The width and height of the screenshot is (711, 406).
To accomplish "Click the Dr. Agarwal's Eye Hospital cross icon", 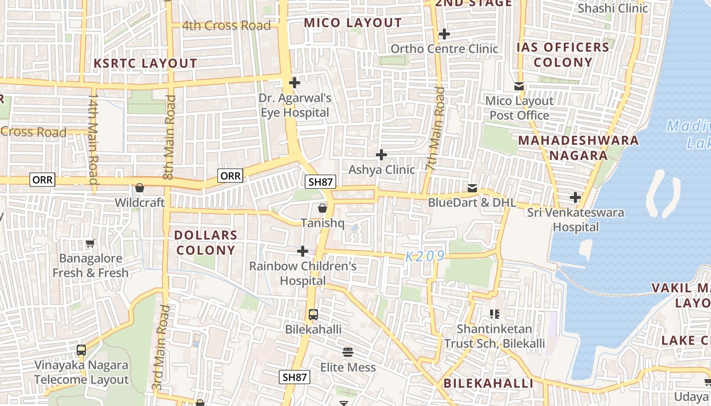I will pyautogui.click(x=294, y=82).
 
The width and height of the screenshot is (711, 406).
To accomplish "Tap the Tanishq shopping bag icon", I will pyautogui.click(x=322, y=208).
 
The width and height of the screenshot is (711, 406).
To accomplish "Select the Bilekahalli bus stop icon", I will pyautogui.click(x=313, y=315).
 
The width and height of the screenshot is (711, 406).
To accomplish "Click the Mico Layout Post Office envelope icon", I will pyautogui.click(x=519, y=86).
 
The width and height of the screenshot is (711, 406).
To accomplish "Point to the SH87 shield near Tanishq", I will pyautogui.click(x=320, y=182).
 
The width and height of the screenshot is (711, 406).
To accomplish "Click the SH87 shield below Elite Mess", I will pyautogui.click(x=295, y=377).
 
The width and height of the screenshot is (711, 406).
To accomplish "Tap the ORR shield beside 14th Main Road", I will pyautogui.click(x=43, y=180).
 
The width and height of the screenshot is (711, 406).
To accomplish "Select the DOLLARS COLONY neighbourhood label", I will pyautogui.click(x=206, y=243).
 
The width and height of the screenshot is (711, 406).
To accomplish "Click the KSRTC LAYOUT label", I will pyautogui.click(x=145, y=63).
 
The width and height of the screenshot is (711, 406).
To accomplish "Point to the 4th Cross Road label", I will pyautogui.click(x=226, y=25).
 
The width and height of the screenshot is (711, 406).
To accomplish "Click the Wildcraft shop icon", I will pyautogui.click(x=140, y=188).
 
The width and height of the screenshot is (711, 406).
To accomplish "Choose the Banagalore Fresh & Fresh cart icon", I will pyautogui.click(x=90, y=244).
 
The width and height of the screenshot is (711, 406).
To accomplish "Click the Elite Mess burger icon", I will pyautogui.click(x=348, y=352).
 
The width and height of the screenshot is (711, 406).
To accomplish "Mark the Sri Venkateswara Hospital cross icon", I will pyautogui.click(x=575, y=197).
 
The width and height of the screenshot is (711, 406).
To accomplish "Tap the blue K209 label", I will pyautogui.click(x=425, y=256).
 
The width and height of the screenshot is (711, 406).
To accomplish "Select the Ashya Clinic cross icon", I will pyautogui.click(x=381, y=155).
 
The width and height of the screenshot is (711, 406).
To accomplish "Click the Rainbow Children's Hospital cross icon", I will pyautogui.click(x=303, y=251).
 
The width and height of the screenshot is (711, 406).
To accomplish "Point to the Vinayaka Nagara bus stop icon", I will pyautogui.click(x=81, y=350).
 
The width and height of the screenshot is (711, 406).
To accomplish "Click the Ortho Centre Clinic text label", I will pyautogui.click(x=444, y=49).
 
